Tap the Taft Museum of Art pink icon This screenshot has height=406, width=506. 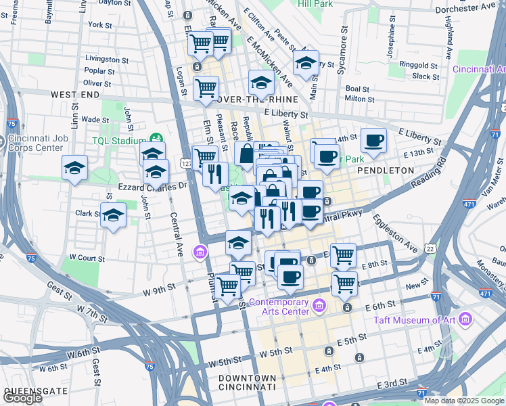click(x=465, y=319)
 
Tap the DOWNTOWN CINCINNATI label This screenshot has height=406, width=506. click(x=247, y=382)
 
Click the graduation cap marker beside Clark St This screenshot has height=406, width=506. click(x=114, y=216)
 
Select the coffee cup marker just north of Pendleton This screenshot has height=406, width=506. click(x=373, y=141)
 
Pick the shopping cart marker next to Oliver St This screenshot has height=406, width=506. click(x=206, y=87)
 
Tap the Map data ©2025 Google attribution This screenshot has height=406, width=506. click(x=463, y=401)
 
